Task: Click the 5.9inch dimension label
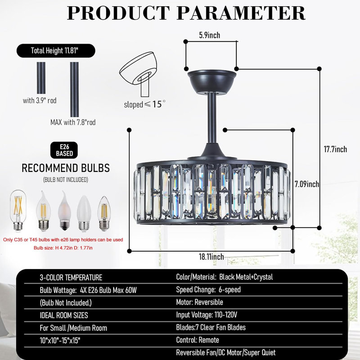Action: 209,35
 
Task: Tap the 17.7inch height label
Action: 335,149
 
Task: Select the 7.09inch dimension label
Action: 307,184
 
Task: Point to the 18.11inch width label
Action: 211,256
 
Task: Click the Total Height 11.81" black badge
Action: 56,51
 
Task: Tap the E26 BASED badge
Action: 64,150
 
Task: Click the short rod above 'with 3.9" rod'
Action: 41,78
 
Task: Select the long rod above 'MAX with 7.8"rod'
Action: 74,89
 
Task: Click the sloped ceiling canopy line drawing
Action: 138,73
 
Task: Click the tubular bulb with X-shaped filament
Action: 18,210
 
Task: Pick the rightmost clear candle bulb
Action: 104,213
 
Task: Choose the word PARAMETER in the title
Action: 241,13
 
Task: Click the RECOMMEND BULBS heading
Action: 66,168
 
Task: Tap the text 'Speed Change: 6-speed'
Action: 208,290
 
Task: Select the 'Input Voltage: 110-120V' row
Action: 207,315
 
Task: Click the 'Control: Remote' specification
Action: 198,340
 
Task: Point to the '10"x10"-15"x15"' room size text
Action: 60,340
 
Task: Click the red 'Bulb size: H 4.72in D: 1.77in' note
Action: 63,248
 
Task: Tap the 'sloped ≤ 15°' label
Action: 144,104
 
